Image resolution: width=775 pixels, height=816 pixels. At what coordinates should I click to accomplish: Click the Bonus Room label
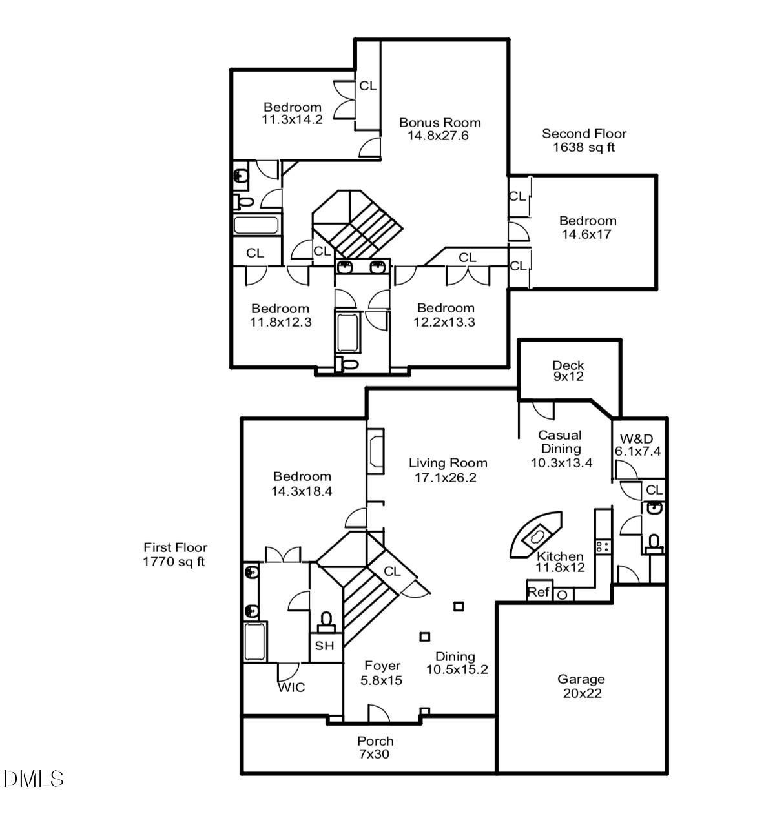[x=439, y=129]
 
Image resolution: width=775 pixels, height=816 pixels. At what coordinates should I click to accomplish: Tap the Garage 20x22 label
[x=581, y=686]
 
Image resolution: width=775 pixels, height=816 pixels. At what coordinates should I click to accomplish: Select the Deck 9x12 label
[x=568, y=371]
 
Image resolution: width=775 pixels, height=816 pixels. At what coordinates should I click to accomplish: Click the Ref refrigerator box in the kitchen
[x=539, y=592]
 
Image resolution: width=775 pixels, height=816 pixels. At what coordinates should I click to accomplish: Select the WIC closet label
[x=291, y=688]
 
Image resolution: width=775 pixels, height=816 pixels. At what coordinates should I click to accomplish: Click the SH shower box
[x=325, y=646]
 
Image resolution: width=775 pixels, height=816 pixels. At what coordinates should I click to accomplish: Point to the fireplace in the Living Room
[x=375, y=451]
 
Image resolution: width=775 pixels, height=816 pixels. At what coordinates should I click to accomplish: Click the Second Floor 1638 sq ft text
[x=584, y=140]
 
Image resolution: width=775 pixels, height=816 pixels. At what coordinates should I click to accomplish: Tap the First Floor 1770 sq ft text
[x=175, y=555]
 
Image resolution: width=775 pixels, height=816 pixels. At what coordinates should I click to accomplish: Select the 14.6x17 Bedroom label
[x=587, y=227]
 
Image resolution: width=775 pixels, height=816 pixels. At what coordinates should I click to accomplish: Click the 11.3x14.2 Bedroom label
[x=292, y=113]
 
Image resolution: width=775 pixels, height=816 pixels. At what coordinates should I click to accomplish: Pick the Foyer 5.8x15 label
[x=382, y=673]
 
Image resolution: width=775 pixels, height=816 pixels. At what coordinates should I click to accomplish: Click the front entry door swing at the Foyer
[x=378, y=713]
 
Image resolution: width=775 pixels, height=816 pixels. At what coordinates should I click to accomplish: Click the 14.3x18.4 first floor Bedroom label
[x=302, y=484]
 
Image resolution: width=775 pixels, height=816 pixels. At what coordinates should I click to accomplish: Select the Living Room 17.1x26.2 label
[x=448, y=470]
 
